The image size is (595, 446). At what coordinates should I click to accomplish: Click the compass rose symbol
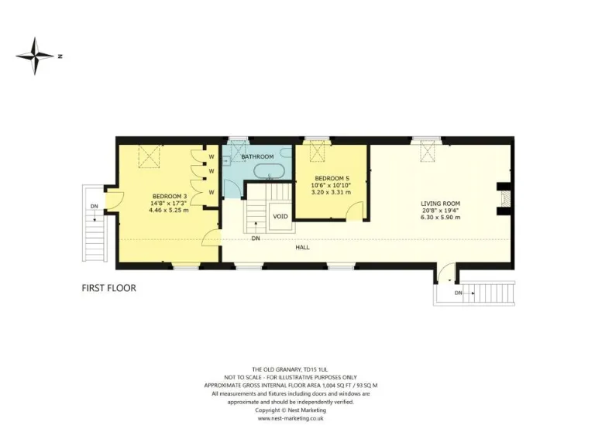[x=35, y=55]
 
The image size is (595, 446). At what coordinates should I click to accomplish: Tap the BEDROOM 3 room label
[x=167, y=196]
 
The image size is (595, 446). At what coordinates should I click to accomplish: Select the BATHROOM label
[x=257, y=156]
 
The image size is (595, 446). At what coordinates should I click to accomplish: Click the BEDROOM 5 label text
[x=331, y=179]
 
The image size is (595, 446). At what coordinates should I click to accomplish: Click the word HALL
[x=302, y=248]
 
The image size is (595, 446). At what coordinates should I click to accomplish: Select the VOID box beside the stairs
[x=280, y=217]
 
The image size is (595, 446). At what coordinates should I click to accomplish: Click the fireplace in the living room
[x=504, y=197]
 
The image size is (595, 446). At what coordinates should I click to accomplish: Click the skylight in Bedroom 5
[x=318, y=151]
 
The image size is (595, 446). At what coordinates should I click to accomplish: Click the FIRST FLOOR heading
[x=109, y=288]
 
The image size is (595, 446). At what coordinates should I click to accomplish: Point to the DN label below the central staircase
[x=256, y=238]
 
